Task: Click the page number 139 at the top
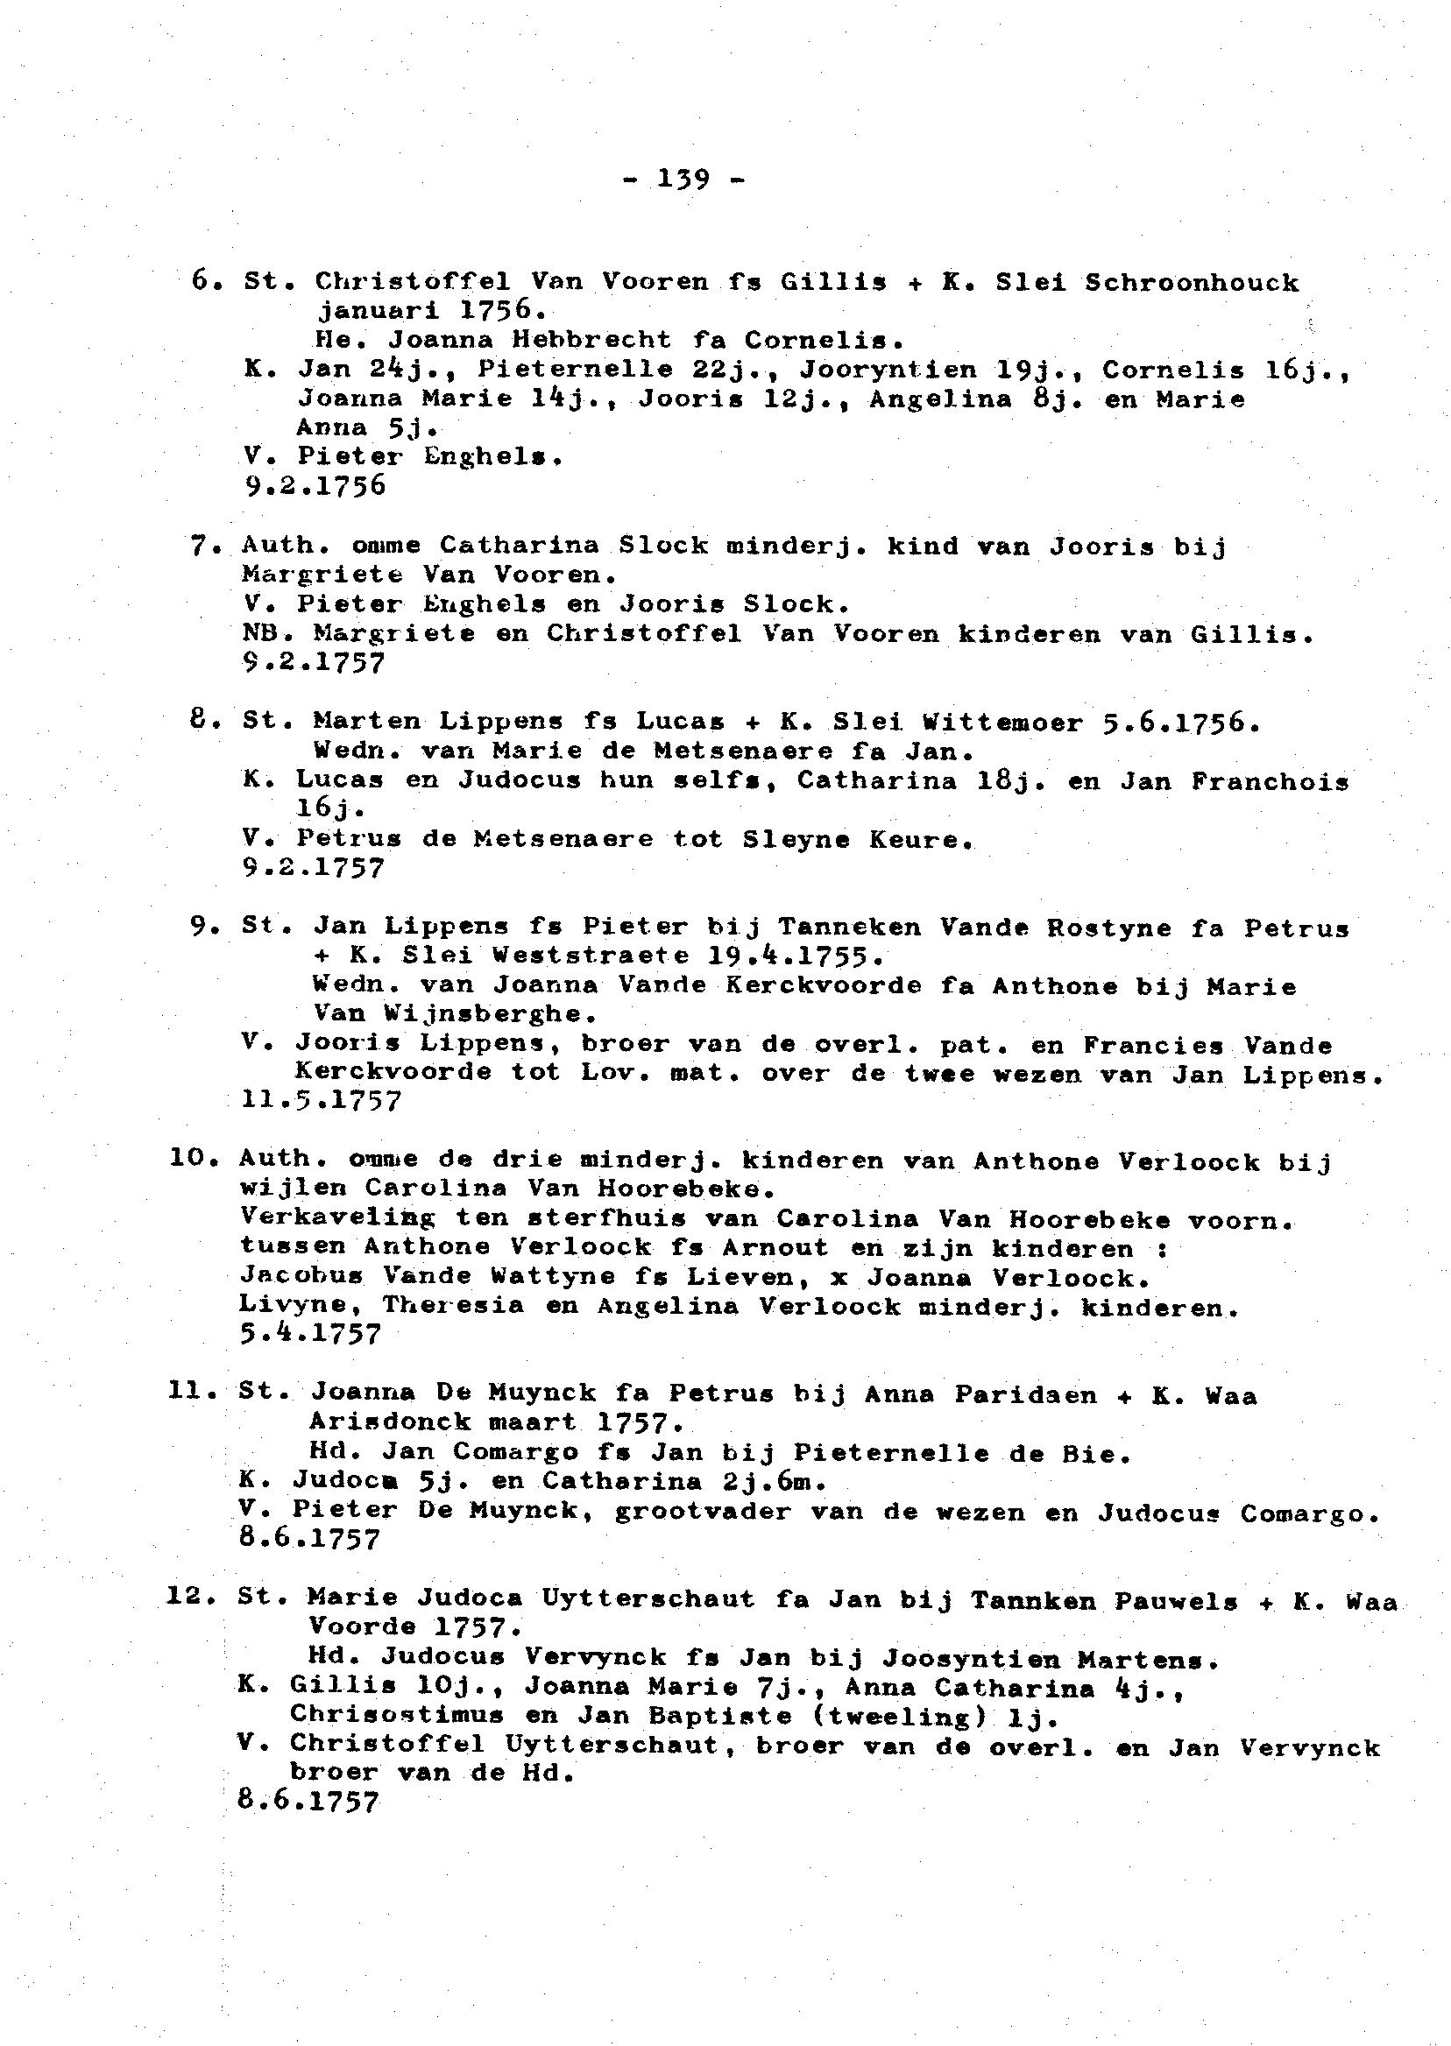tap(683, 180)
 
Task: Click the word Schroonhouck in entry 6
tap(1192, 283)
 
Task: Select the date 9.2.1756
tap(314, 486)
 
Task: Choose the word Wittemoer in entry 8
tap(1002, 722)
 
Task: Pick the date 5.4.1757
tap(310, 1334)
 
